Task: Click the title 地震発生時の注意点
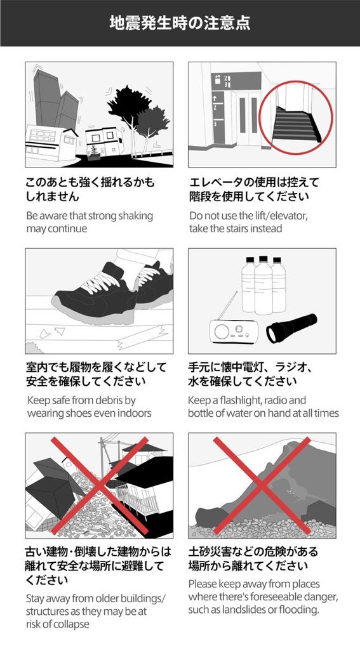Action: click(x=180, y=23)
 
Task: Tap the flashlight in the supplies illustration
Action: click(x=291, y=327)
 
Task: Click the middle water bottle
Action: click(x=263, y=286)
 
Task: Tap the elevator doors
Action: click(x=249, y=119)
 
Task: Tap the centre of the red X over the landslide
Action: click(x=262, y=485)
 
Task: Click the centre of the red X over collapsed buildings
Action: click(x=99, y=485)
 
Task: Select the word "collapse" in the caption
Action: click(x=72, y=624)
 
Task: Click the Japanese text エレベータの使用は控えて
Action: click(x=254, y=183)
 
